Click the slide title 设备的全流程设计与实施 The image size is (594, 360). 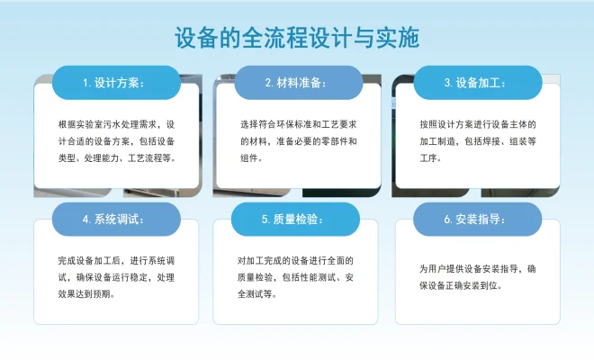tap(296, 39)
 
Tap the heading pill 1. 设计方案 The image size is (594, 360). tap(115, 82)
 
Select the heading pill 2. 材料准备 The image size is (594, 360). tap(296, 82)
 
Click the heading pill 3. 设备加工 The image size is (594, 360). tap(477, 82)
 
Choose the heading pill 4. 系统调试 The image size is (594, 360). tap(115, 219)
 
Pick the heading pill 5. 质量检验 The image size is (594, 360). tap(296, 219)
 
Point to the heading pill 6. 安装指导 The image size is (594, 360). tap(477, 219)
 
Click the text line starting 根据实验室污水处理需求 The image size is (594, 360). tap(115, 123)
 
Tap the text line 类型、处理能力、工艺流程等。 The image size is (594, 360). tap(115, 157)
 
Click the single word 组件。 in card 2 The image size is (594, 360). tap(251, 157)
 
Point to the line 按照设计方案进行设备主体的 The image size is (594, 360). tap(478, 123)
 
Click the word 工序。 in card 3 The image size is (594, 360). tap(430, 157)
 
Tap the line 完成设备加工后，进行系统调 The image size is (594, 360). tap(115, 260)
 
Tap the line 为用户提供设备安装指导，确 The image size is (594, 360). tap(478, 268)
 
